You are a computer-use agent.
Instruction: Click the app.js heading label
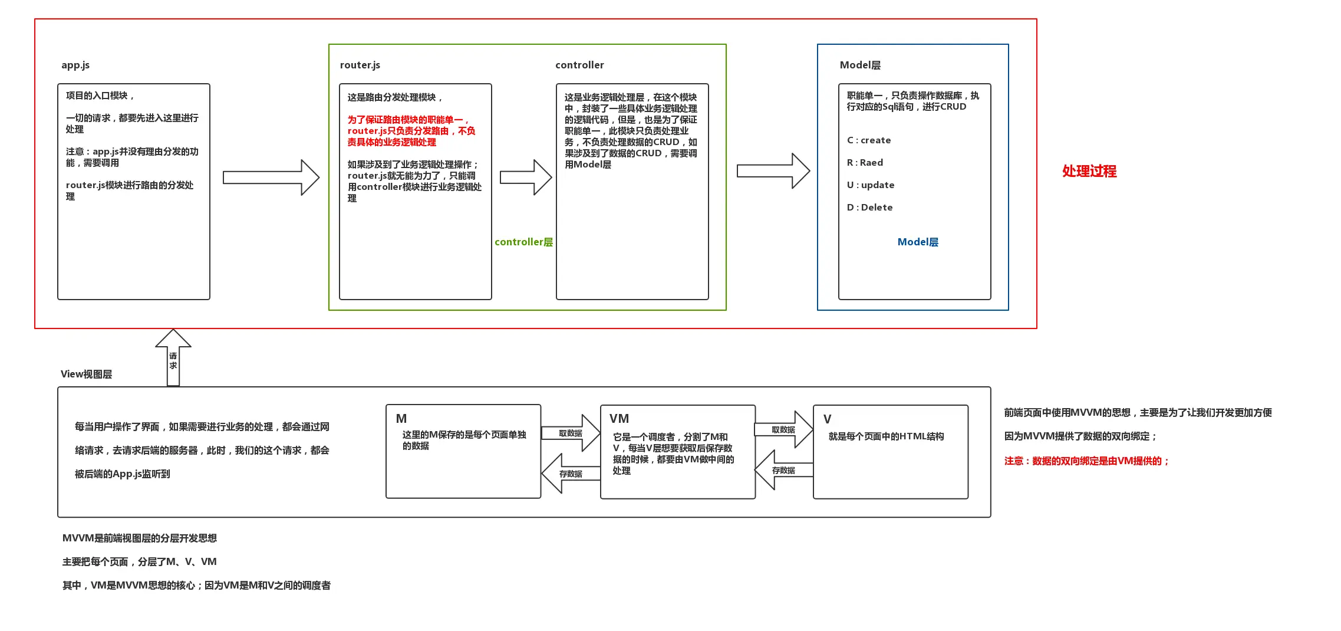click(x=75, y=65)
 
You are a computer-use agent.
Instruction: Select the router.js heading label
click(x=360, y=65)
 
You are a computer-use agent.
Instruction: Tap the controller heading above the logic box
click(x=579, y=65)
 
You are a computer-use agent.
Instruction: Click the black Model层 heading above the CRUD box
click(x=860, y=65)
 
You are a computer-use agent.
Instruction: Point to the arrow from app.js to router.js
click(x=271, y=177)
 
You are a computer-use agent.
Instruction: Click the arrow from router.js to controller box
click(x=526, y=177)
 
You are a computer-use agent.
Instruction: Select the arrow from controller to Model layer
click(x=773, y=171)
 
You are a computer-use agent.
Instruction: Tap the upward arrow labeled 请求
click(x=173, y=357)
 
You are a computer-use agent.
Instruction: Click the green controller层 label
click(x=523, y=242)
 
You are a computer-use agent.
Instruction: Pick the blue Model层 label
click(x=918, y=242)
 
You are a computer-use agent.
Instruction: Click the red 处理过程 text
click(x=1089, y=171)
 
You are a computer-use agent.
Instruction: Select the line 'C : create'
click(x=869, y=140)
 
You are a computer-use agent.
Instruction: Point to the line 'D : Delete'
click(x=869, y=208)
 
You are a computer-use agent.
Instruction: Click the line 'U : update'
click(x=871, y=185)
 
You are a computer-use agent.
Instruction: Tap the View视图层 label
click(x=86, y=374)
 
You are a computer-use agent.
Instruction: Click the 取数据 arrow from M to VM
click(x=570, y=433)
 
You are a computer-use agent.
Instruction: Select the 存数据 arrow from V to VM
click(x=784, y=470)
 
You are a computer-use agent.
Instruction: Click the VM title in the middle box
click(x=619, y=419)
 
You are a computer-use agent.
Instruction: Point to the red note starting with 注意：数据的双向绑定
click(x=1087, y=461)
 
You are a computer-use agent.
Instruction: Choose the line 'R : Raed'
click(x=865, y=163)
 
